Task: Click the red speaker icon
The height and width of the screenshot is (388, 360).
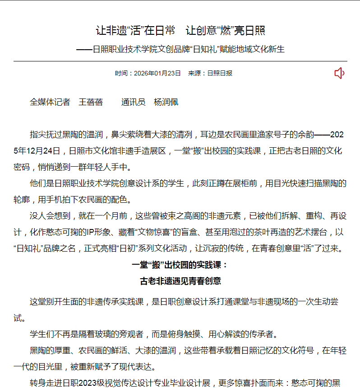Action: pyautogui.click(x=339, y=73)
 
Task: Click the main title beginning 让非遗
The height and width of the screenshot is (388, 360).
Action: pyautogui.click(x=180, y=31)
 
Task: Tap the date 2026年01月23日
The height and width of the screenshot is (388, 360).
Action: pyautogui.click(x=157, y=73)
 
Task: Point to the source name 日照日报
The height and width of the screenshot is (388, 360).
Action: pyautogui.click(x=220, y=73)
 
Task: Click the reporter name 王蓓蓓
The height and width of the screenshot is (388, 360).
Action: pyautogui.click(x=91, y=102)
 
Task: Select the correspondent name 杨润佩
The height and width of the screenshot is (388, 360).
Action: pyautogui.click(x=166, y=102)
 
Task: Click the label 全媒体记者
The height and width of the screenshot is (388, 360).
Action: pyautogui.click(x=50, y=102)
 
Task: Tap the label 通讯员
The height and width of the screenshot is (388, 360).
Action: pyautogui.click(x=133, y=102)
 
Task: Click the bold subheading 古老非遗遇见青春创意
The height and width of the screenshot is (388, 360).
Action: pyautogui.click(x=180, y=281)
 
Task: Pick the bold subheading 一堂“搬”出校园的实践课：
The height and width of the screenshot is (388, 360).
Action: pyautogui.click(x=180, y=265)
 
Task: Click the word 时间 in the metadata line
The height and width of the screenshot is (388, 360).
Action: pyautogui.click(x=121, y=73)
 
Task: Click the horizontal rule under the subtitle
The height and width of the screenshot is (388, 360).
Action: pyautogui.click(x=180, y=61)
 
